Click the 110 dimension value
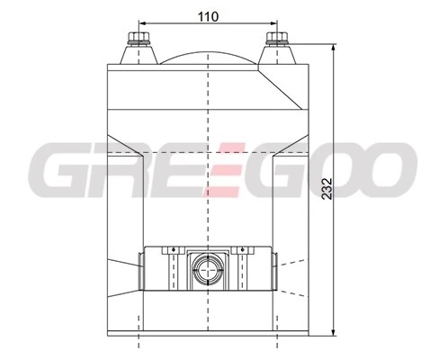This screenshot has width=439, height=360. coord(209,17)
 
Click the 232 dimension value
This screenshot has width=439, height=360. coord(327,189)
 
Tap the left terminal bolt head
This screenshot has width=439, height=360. coord(139,37)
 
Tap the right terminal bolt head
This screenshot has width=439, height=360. coord(277,37)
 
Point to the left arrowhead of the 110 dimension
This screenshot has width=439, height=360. coord(142,22)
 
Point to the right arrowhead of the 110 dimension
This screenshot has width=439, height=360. coord(273,22)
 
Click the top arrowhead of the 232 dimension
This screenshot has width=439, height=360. coord(334,48)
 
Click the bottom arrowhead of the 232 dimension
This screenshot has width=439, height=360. coord(334,332)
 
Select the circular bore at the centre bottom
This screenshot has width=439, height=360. coord(208,269)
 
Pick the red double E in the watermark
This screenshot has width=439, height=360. coord(223,170)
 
